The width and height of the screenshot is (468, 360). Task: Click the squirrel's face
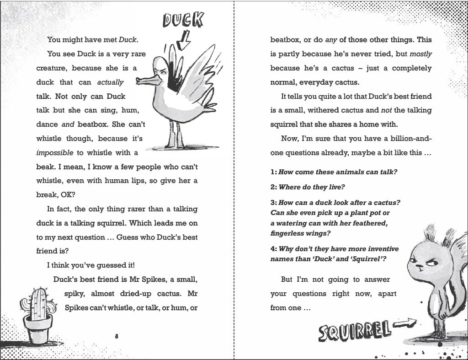(421, 265)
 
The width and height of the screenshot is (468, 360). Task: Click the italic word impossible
(54, 152)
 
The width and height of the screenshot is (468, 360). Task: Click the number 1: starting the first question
(273, 172)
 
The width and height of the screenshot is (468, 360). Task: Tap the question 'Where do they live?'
(311, 187)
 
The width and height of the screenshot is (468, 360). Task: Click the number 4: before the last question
(273, 249)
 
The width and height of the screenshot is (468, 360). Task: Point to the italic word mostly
(420, 54)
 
